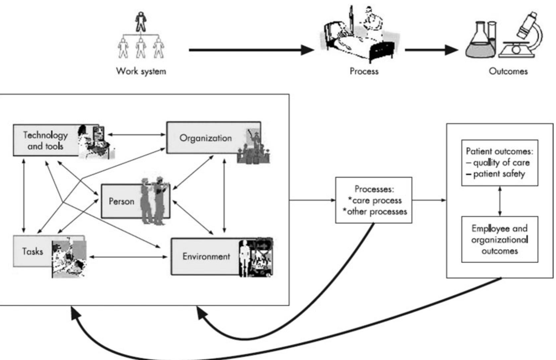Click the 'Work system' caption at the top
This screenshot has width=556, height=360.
point(141,71)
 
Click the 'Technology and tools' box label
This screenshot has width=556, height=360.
point(45,140)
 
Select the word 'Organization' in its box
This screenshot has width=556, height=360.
point(205,138)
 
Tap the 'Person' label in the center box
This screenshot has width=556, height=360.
point(121,201)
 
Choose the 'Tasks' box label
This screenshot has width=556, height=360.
point(33,251)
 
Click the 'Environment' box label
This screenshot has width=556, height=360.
point(206,256)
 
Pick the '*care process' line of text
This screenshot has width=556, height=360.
point(375,200)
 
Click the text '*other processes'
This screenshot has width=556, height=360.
point(375,211)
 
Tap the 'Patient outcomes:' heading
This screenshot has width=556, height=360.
point(499,151)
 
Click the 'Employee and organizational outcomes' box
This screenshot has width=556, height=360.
point(500,239)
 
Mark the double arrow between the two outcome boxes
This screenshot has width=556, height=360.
point(500,201)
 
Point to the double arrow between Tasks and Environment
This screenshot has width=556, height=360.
point(129,257)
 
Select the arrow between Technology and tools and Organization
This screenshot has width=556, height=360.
point(137,135)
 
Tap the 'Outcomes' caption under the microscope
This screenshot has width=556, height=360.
point(508,71)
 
